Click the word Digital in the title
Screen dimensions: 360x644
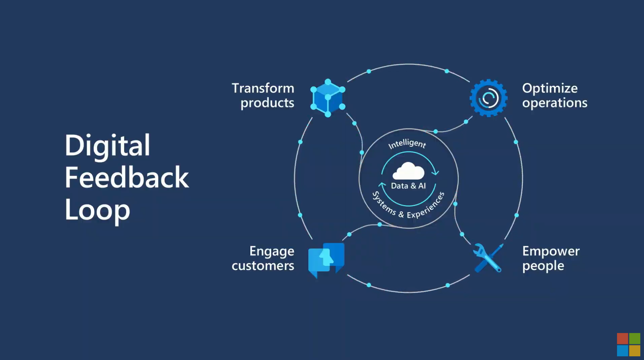click(107, 145)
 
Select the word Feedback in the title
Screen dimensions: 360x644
click(126, 177)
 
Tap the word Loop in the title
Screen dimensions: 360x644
click(97, 210)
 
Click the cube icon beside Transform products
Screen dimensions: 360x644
click(328, 98)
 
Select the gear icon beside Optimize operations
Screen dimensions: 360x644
click(489, 98)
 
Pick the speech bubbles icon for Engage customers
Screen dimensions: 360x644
click(326, 260)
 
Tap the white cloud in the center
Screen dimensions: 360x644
click(409, 171)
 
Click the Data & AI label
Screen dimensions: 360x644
click(408, 186)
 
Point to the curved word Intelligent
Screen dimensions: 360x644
click(407, 144)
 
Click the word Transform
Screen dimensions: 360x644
click(263, 88)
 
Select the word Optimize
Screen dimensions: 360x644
click(550, 88)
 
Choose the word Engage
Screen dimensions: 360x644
click(272, 251)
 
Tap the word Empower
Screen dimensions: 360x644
click(551, 251)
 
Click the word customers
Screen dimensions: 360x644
click(263, 266)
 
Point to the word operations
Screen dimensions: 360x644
click(555, 103)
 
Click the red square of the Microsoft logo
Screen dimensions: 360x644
click(622, 338)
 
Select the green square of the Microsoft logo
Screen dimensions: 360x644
click(635, 338)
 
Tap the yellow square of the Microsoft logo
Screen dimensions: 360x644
click(635, 351)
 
